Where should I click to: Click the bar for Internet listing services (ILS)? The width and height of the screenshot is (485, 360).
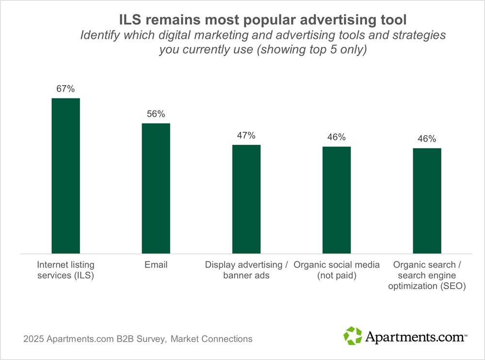pyautogui.click(x=65, y=175)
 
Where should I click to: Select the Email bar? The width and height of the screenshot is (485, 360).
pyautogui.click(x=156, y=188)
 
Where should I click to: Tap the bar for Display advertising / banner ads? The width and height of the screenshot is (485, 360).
pyautogui.click(x=246, y=199)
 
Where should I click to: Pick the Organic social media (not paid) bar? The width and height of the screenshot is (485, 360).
pyautogui.click(x=337, y=200)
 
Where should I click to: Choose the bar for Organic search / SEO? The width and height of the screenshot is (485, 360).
pyautogui.click(x=427, y=201)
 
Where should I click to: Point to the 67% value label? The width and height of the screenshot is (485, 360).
pyautogui.click(x=65, y=89)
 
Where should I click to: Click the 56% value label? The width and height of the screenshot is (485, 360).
pyautogui.click(x=156, y=114)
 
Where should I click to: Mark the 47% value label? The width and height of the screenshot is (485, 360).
pyautogui.click(x=246, y=136)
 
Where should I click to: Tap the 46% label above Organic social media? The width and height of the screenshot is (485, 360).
pyautogui.click(x=337, y=137)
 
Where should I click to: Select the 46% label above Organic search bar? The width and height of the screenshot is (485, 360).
pyautogui.click(x=427, y=139)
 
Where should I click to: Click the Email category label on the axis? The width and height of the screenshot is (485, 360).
pyautogui.click(x=156, y=265)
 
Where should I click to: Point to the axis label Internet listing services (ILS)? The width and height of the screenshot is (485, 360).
pyautogui.click(x=65, y=270)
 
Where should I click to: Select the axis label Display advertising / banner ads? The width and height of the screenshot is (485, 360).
pyautogui.click(x=246, y=270)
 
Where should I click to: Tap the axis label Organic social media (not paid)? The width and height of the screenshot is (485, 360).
pyautogui.click(x=337, y=270)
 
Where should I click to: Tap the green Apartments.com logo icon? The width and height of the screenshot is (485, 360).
pyautogui.click(x=353, y=336)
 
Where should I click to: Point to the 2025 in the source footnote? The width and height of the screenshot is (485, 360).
pyautogui.click(x=33, y=339)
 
